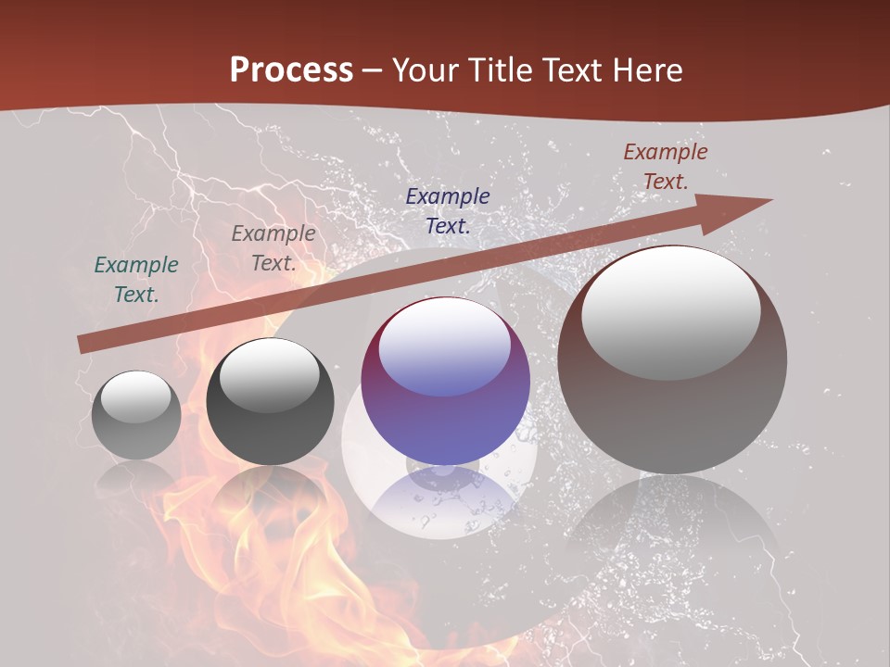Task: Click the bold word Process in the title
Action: click(291, 70)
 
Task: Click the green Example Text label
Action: click(136, 280)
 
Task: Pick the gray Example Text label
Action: click(273, 248)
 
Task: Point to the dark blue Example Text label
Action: click(448, 210)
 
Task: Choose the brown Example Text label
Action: click(665, 167)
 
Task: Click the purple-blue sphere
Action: click(445, 417)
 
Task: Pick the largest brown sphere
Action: click(672, 408)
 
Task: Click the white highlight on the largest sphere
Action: click(671, 310)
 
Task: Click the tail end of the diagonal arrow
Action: click(83, 344)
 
